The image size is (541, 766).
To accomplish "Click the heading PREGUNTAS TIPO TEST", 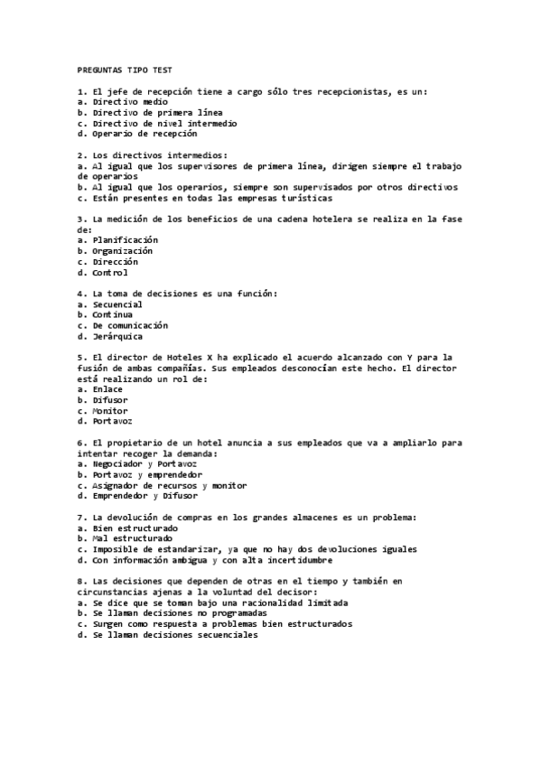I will coord(126,70).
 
